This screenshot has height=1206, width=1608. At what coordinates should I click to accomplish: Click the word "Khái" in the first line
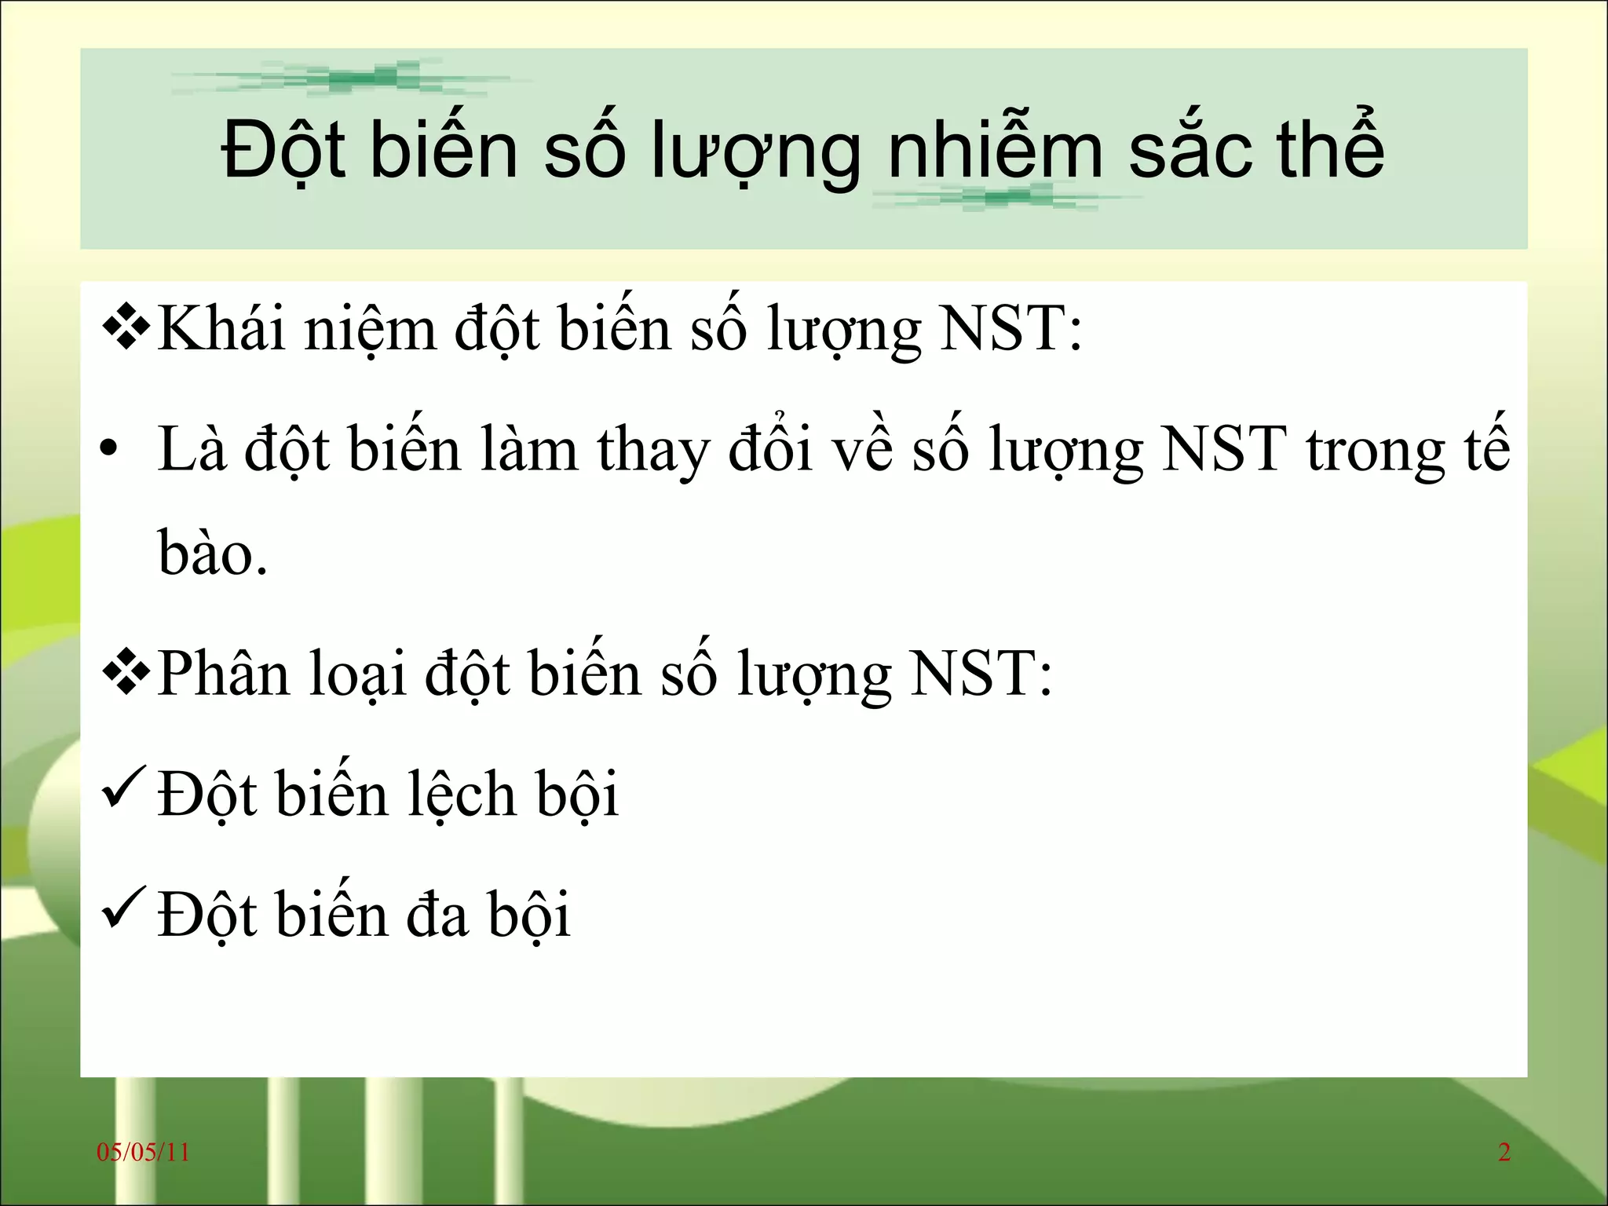pyautogui.click(x=221, y=328)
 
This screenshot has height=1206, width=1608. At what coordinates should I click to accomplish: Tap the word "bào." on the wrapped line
pyautogui.click(x=213, y=553)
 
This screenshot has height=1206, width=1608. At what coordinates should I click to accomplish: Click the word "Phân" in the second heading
pyautogui.click(x=224, y=674)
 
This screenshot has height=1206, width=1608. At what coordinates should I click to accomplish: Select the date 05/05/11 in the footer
pyautogui.click(x=143, y=1153)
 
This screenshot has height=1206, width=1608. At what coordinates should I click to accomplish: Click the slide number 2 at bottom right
pyautogui.click(x=1504, y=1153)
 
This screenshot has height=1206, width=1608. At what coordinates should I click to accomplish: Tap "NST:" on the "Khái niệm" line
pyautogui.click(x=1011, y=328)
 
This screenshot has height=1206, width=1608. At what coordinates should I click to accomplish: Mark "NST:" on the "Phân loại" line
pyautogui.click(x=981, y=674)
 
